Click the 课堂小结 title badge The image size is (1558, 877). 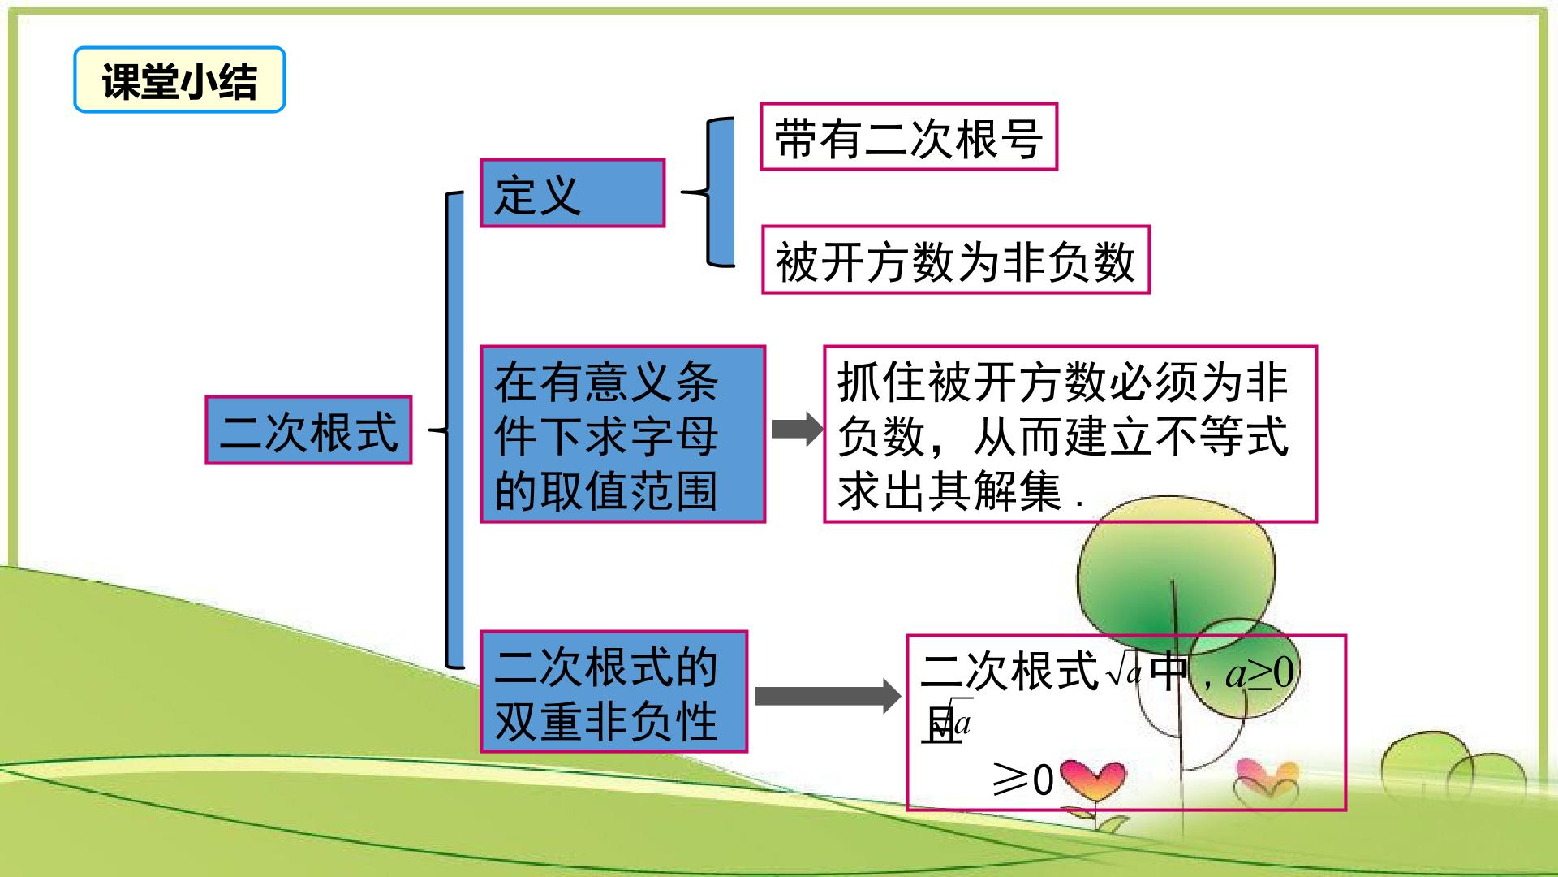tap(179, 80)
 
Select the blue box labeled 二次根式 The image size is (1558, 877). tap(308, 430)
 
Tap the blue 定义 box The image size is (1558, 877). tap(572, 192)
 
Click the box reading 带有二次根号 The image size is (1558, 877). tap(909, 136)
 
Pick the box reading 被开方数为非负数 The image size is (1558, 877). tap(956, 260)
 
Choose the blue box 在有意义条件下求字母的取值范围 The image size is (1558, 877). tap(622, 434)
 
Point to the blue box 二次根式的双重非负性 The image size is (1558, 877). tap(613, 692)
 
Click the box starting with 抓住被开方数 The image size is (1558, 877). tap(1070, 434)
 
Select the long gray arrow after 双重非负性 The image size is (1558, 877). tap(828, 696)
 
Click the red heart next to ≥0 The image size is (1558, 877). tap(1093, 780)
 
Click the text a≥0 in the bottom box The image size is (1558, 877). tap(1259, 674)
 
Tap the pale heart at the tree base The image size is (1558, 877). tap(1266, 781)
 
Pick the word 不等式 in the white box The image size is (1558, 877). tap(1220, 436)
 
